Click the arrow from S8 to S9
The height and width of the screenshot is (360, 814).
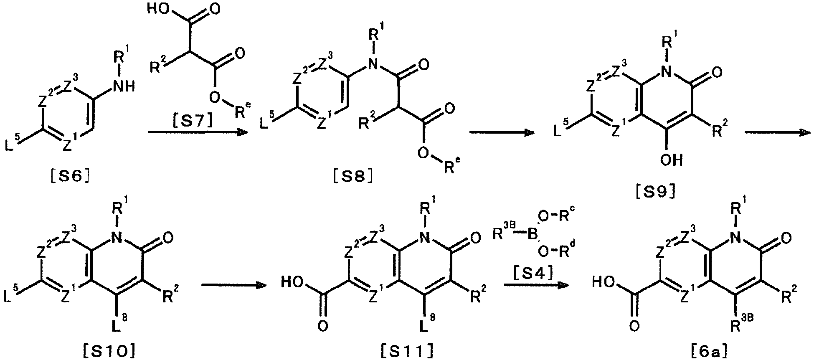click(x=502, y=133)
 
